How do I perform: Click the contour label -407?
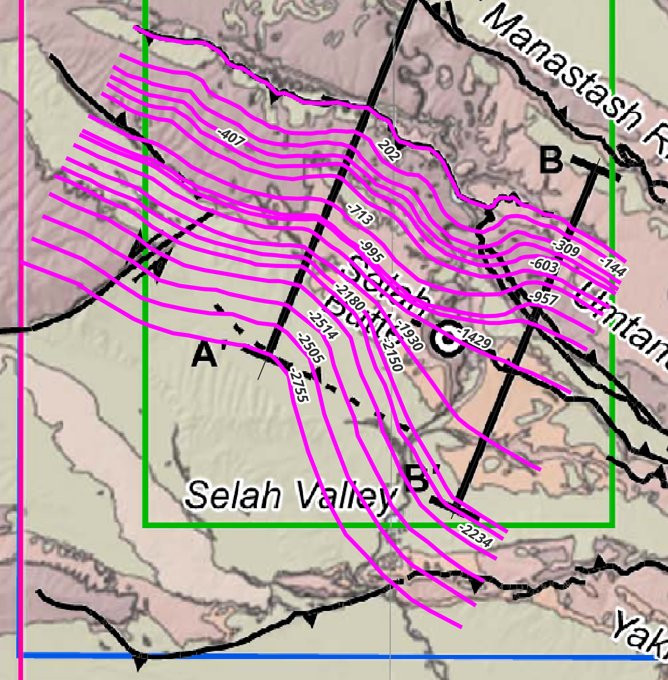point(231,138)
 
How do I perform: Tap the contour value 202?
point(389,151)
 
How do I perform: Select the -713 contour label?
point(360,215)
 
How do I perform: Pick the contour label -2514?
point(323,325)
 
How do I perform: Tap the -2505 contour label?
point(311,349)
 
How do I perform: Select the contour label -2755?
point(299,386)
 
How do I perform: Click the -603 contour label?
point(544,266)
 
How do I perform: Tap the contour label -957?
point(543,298)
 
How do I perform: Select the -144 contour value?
point(613,266)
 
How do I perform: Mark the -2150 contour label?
point(392,355)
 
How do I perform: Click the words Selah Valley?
point(291,495)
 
